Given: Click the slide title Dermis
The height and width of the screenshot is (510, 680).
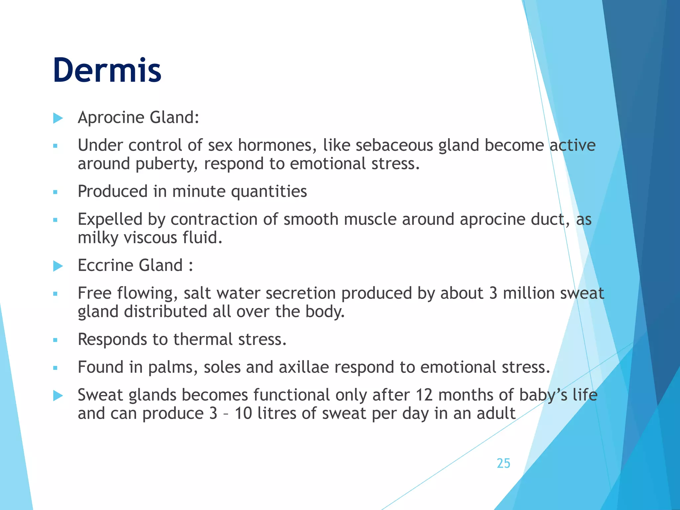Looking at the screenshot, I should pos(107,70).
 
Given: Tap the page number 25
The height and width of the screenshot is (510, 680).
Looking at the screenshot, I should pos(503,463).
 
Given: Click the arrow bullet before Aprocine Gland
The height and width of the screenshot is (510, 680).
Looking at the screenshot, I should pos(58,118).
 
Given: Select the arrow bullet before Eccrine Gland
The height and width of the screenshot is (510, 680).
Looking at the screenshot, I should pos(58,266).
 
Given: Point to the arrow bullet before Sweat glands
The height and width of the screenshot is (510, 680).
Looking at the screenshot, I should pos(58,395).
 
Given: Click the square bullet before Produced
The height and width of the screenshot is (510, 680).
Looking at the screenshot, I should pos(55,192).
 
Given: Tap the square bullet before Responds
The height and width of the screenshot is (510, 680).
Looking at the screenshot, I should pos(55,340).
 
